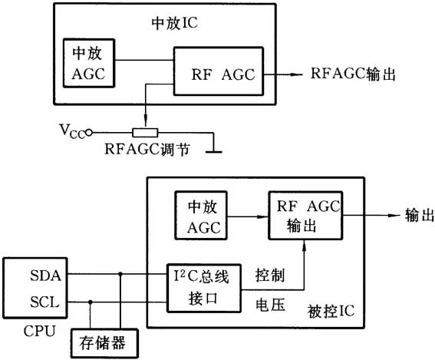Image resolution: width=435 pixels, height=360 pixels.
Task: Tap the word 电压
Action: coord(268,304)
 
